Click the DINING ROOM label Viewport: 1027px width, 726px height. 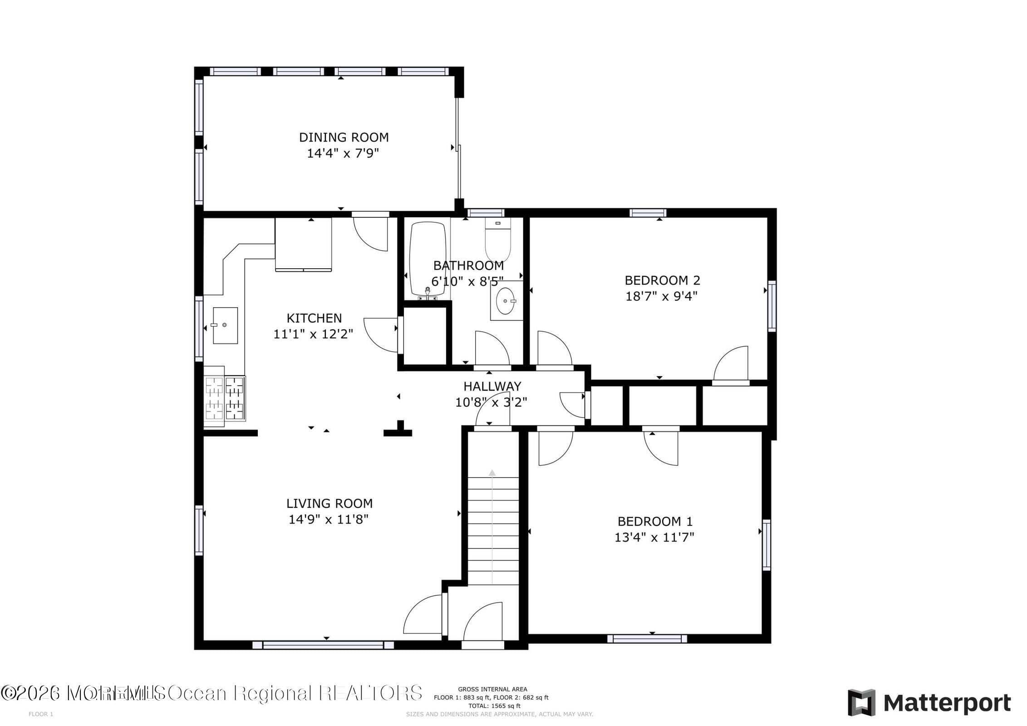pyautogui.click(x=344, y=137)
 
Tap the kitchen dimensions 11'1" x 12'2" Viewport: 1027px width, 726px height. pyautogui.click(x=313, y=334)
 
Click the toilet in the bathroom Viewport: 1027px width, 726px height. pyautogui.click(x=498, y=239)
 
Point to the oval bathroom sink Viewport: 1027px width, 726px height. pyautogui.click(x=506, y=300)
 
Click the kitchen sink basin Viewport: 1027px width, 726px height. pyautogui.click(x=225, y=325)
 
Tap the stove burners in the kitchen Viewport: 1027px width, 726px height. pyautogui.click(x=225, y=398)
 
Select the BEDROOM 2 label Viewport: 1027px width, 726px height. pyautogui.click(x=662, y=280)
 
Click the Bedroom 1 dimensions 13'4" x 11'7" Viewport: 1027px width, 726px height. pyautogui.click(x=654, y=537)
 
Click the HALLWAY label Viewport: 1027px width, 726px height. pyautogui.click(x=492, y=386)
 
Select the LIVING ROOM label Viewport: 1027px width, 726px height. pyautogui.click(x=329, y=503)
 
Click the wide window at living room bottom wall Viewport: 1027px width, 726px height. pyautogui.click(x=324, y=645)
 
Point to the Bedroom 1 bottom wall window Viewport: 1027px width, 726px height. pyautogui.click(x=647, y=639)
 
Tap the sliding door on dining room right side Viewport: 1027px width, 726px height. pyautogui.click(x=458, y=150)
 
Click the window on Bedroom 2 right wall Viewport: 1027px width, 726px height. pyautogui.click(x=771, y=306)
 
